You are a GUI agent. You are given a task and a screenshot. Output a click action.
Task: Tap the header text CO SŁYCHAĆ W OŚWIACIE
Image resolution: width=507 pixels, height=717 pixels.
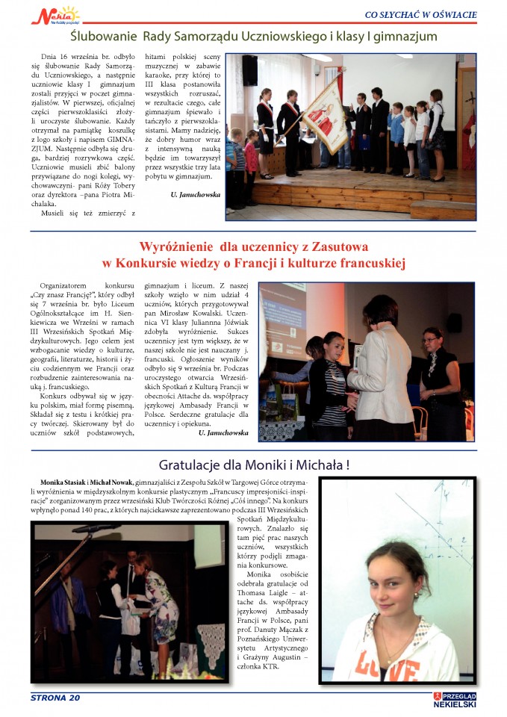(420, 13)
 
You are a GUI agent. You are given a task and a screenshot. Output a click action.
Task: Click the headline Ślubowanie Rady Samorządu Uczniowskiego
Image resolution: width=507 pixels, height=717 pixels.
(253, 36)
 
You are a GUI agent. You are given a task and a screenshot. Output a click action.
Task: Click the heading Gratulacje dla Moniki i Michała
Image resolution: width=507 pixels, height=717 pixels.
(254, 465)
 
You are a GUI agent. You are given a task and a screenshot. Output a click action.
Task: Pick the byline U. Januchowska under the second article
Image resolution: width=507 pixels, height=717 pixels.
(223, 432)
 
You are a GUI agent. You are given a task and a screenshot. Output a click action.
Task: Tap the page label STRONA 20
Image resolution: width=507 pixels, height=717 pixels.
(55, 698)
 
